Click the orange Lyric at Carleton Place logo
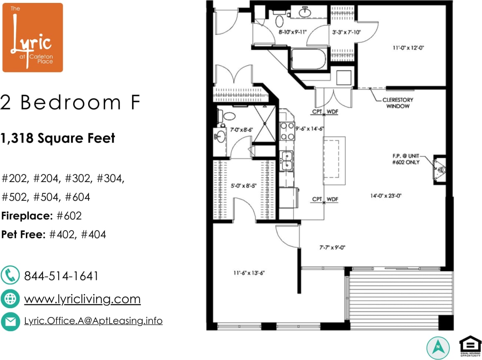[x=33, y=38]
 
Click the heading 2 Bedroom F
[x=70, y=103]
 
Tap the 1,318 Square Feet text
[x=58, y=138]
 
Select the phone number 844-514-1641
[x=61, y=276]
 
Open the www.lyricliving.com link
[x=82, y=299]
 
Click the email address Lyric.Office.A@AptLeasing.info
[x=93, y=321]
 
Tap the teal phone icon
[x=10, y=276]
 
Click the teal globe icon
[x=10, y=299]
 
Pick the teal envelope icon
[x=10, y=321]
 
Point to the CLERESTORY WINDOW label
[x=398, y=103]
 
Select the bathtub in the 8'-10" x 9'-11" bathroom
[x=309, y=59]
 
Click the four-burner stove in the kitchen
[x=287, y=130]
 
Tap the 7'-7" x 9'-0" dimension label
[x=329, y=247]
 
